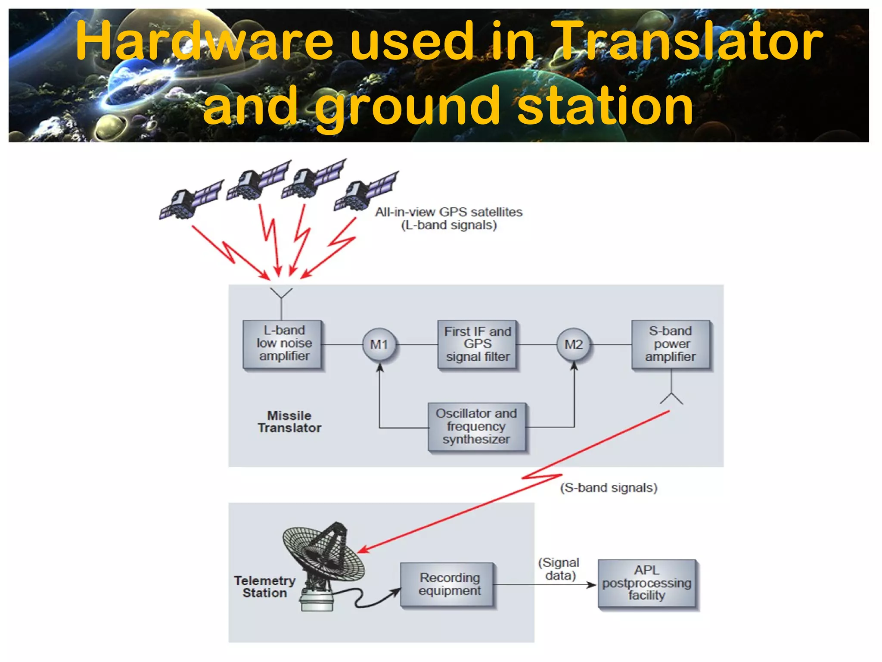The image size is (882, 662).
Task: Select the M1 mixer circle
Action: pyautogui.click(x=379, y=344)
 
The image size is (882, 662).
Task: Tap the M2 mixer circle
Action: pyautogui.click(x=574, y=344)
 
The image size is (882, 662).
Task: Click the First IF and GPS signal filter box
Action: pyautogui.click(x=477, y=344)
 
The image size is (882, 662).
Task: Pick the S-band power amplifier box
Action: pyautogui.click(x=671, y=344)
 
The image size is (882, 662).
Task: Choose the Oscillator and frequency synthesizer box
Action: pyautogui.click(x=477, y=427)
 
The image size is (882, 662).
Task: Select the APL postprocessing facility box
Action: pyautogui.click(x=647, y=584)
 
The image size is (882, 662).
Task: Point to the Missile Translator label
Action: pyautogui.click(x=289, y=422)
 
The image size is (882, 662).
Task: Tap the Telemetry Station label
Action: pyautogui.click(x=265, y=587)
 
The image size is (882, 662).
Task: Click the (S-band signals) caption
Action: pyautogui.click(x=609, y=488)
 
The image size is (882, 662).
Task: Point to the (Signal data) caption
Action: pyautogui.click(x=559, y=569)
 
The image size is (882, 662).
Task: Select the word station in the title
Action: pyautogui.click(x=605, y=106)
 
